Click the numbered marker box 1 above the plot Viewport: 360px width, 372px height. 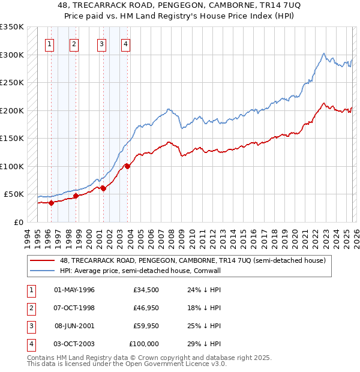[x=49, y=43]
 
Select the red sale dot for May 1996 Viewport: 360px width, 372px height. [x=51, y=203]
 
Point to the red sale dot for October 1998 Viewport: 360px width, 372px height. [x=76, y=196]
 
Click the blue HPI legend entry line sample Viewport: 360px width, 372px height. [x=42, y=271]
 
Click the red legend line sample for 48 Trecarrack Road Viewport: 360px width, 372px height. [x=42, y=260]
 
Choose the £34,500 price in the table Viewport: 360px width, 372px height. [x=146, y=290]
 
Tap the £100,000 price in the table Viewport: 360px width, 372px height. [x=144, y=344]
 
